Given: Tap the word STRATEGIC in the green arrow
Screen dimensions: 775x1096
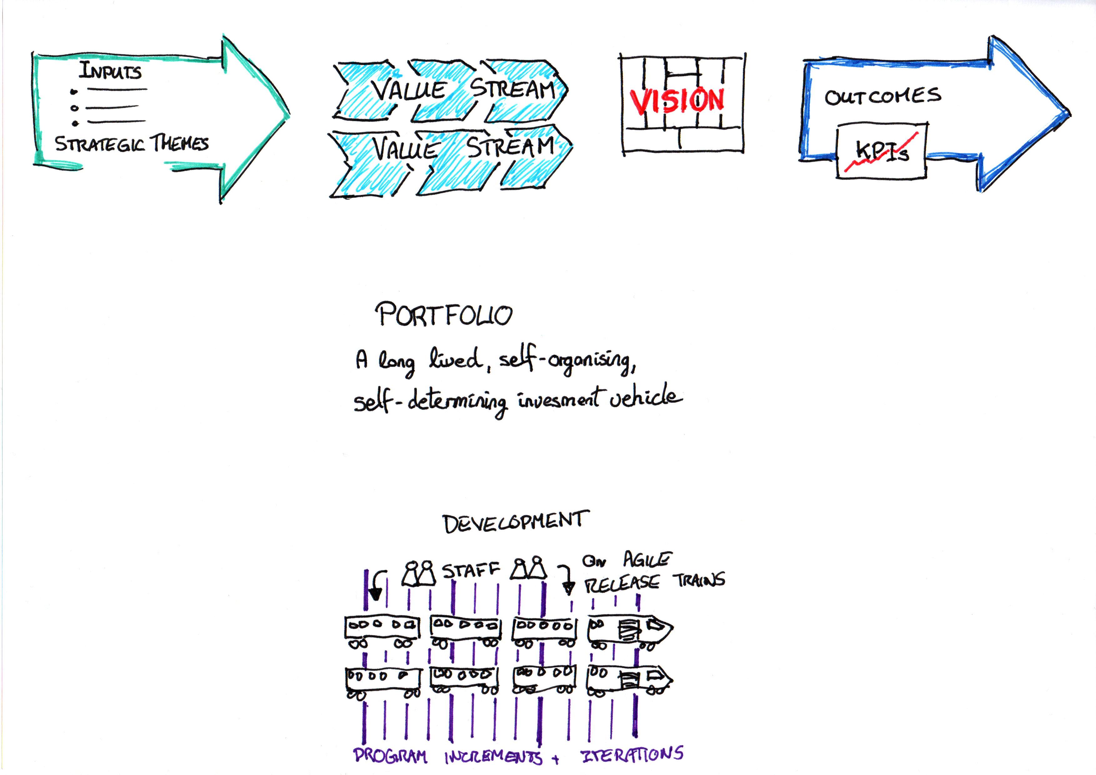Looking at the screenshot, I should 99,144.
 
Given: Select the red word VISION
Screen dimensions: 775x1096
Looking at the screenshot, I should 677,101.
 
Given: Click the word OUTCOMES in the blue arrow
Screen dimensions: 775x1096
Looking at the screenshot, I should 882,97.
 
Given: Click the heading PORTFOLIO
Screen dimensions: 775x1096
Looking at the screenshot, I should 444,315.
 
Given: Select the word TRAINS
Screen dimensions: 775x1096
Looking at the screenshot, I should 699,580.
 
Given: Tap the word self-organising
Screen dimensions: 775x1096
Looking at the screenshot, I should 567,360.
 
